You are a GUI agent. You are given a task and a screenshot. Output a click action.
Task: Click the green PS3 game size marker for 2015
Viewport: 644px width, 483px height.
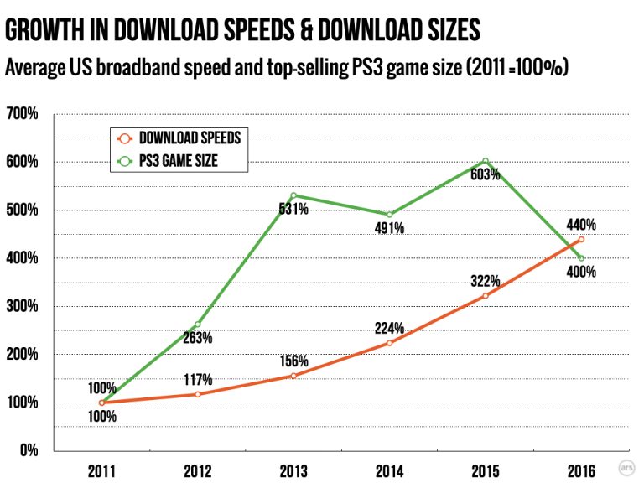coord(485,161)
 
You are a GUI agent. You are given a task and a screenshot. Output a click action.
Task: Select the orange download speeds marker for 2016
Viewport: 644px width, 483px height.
coord(580,239)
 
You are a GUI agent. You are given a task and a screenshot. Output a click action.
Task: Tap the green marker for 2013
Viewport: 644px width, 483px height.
coord(293,195)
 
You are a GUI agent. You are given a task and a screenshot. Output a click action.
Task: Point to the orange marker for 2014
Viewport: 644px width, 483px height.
coord(389,343)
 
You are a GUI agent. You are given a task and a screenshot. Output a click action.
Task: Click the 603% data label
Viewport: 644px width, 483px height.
coord(485,175)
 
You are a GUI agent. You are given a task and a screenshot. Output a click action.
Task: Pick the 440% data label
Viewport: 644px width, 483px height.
coord(580,224)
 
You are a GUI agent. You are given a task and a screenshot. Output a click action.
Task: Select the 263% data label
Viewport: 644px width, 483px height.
coord(198,339)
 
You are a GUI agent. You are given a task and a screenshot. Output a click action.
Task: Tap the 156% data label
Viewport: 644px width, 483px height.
coord(293,361)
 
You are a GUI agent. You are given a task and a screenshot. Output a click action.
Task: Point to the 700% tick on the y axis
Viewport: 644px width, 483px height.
coord(23,113)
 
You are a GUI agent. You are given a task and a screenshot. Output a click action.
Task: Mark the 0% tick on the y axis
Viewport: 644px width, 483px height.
coord(29,451)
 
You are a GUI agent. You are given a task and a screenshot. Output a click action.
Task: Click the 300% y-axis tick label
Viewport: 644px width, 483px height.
coord(23,306)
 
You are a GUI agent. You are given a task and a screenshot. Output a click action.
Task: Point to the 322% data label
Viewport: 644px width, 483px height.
coord(485,280)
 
